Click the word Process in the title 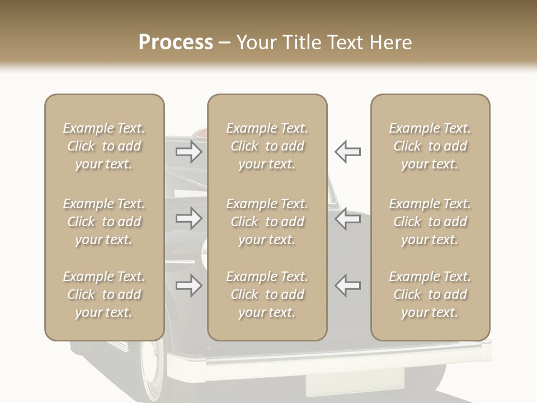tap(176, 42)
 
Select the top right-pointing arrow tap(189, 152)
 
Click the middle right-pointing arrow tap(189, 219)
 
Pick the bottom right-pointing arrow tap(189, 286)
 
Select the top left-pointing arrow tap(348, 152)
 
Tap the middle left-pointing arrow tap(348, 219)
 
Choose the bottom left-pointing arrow tap(348, 286)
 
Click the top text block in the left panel tap(104, 146)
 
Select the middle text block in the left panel tap(104, 222)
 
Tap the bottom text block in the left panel tap(104, 294)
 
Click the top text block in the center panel tap(267, 146)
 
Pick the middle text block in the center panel tap(267, 222)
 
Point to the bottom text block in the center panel tap(267, 294)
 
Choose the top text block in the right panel tap(430, 146)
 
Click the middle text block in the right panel tap(430, 222)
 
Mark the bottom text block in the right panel tap(430, 294)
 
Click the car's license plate tap(355, 383)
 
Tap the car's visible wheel tap(152, 367)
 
